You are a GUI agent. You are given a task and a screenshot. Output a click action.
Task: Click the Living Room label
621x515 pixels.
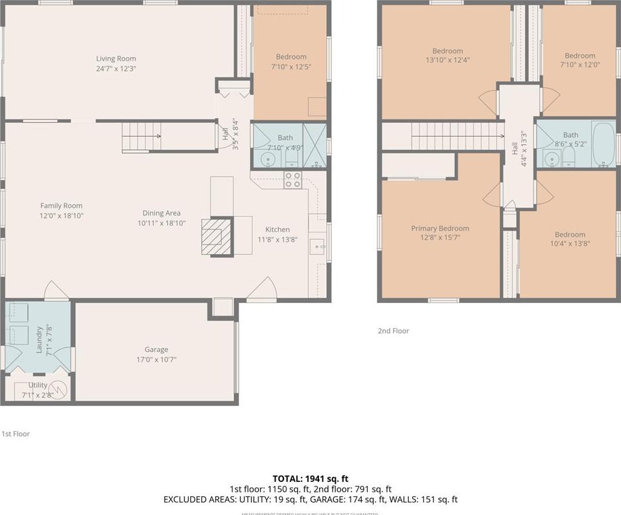[x=116, y=58]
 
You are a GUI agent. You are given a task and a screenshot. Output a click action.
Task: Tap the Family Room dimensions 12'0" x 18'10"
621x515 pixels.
[x=61, y=215]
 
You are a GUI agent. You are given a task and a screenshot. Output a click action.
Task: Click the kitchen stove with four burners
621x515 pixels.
[x=293, y=180]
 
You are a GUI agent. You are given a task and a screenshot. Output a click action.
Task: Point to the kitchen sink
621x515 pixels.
[x=317, y=246]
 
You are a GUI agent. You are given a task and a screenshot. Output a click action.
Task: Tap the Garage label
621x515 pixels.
[x=156, y=349]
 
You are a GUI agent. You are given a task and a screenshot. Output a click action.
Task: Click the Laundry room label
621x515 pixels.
[x=39, y=340]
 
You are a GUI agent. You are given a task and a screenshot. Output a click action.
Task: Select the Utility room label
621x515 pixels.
[x=37, y=385]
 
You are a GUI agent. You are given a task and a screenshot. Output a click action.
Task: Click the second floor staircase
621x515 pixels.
[x=457, y=136]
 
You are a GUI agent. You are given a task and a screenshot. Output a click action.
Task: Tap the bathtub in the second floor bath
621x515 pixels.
[x=604, y=145]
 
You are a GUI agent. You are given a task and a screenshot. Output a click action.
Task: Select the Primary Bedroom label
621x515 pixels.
[x=440, y=228]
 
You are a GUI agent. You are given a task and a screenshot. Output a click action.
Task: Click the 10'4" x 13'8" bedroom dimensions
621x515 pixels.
[x=570, y=244]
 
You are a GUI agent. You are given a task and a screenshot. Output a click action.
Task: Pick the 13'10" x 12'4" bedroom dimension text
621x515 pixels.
[x=447, y=60]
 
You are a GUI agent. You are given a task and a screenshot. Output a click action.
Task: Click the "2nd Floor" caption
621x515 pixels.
[x=393, y=331]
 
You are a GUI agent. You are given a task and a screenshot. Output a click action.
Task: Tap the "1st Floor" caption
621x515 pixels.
[x=15, y=434]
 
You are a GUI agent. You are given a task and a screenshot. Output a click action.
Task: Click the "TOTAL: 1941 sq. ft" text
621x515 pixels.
[x=310, y=478]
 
